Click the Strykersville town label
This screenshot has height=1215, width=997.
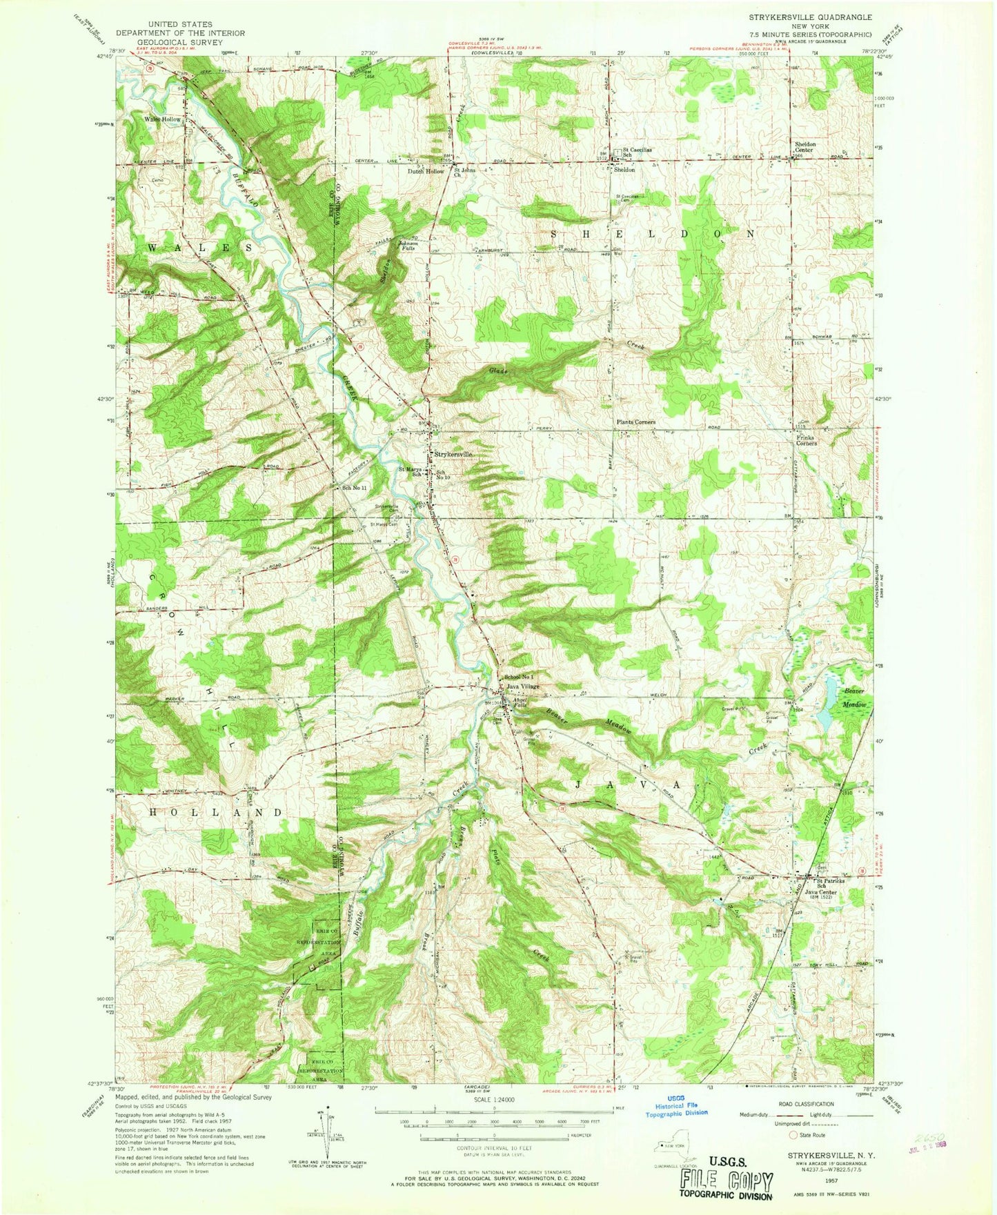[453, 455]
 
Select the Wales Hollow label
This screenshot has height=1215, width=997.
[163, 119]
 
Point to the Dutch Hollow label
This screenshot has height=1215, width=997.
[426, 171]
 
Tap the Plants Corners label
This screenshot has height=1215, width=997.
[635, 422]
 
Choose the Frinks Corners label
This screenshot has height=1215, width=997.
[806, 440]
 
